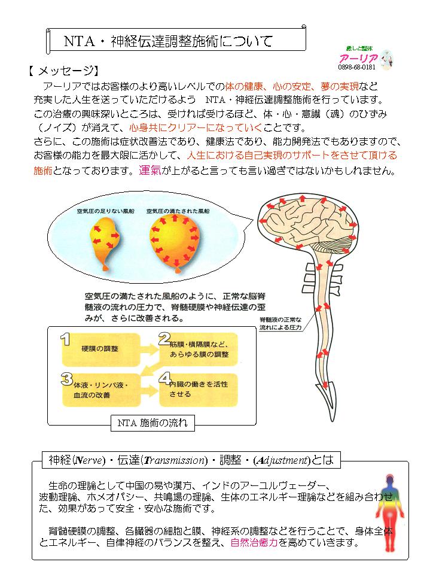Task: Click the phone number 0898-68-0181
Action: (x=356, y=68)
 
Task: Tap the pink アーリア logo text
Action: (x=359, y=58)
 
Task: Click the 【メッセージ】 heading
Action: (x=63, y=71)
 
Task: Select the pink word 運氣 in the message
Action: (x=150, y=170)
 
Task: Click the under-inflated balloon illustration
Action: (x=105, y=243)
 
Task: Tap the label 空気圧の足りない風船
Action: (x=106, y=211)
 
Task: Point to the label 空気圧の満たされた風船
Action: (x=178, y=211)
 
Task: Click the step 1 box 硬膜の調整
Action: (x=101, y=350)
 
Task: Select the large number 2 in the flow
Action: (x=164, y=339)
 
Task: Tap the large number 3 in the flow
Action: (x=66, y=379)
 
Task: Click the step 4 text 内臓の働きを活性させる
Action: (x=199, y=389)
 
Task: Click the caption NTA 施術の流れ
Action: (x=153, y=423)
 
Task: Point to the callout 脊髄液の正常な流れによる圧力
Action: (x=281, y=324)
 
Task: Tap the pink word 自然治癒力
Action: (x=254, y=542)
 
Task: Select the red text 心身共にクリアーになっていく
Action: (x=196, y=127)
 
